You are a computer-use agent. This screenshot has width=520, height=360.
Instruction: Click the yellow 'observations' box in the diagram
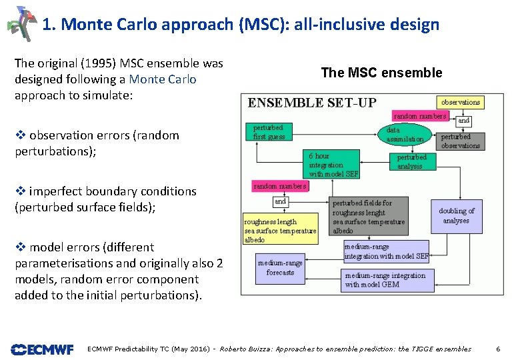(x=460, y=102)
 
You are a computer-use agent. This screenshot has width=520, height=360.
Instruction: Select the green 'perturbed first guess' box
(x=269, y=132)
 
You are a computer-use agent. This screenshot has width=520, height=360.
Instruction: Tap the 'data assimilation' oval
(x=405, y=135)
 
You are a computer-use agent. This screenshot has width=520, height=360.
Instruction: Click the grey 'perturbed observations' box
(x=460, y=141)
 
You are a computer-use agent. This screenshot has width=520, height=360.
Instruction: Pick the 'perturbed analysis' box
(x=411, y=162)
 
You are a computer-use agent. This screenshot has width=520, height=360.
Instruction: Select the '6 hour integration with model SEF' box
(x=334, y=164)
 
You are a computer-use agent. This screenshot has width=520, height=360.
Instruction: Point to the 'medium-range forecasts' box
(x=280, y=267)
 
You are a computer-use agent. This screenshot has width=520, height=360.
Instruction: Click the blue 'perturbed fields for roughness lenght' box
(x=369, y=217)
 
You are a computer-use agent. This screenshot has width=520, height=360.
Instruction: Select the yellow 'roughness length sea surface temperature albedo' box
(x=280, y=231)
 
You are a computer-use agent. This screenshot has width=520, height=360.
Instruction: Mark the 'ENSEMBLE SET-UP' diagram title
(x=312, y=103)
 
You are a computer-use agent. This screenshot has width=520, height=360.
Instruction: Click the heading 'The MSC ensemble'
(x=381, y=73)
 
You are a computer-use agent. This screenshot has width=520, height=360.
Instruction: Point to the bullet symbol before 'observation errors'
(x=19, y=135)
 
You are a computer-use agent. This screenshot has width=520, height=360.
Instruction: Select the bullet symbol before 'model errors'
(x=19, y=247)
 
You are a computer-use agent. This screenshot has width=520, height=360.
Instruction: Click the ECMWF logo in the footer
(x=41, y=349)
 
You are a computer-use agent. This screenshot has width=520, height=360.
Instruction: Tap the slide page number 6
(x=498, y=349)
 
